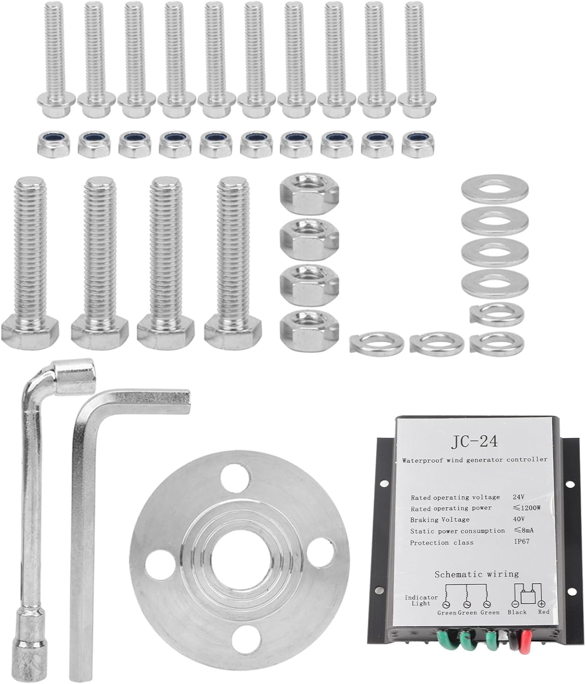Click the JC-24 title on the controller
pos(474,441)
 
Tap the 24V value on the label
pos(519,497)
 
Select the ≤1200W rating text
pos(527,508)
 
